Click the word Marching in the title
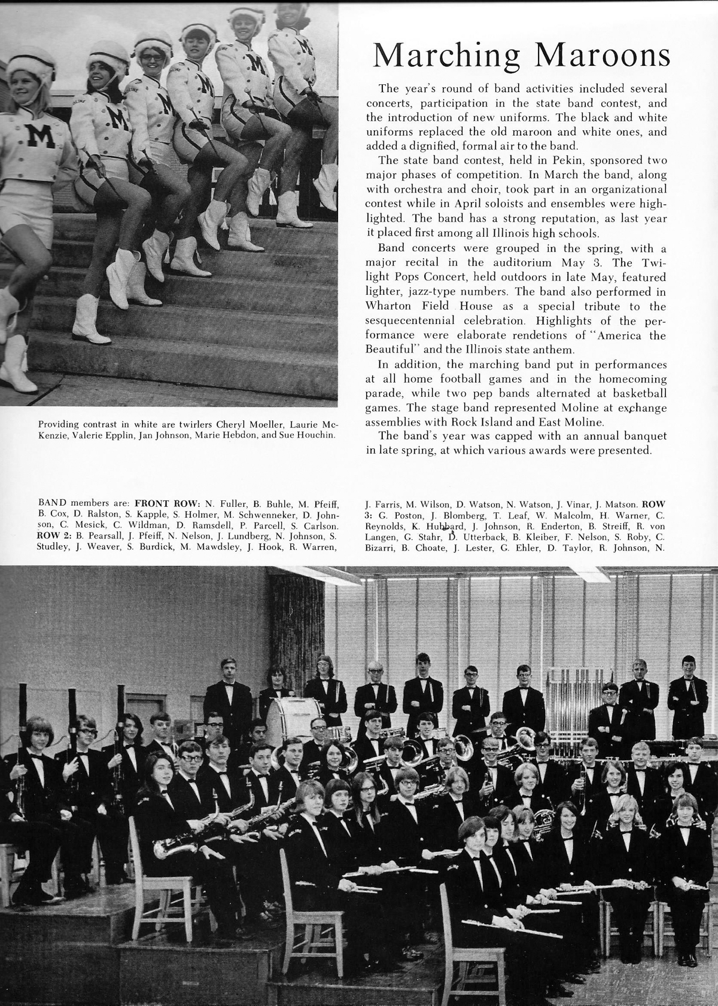click(446, 56)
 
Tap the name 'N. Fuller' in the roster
click(221, 503)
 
